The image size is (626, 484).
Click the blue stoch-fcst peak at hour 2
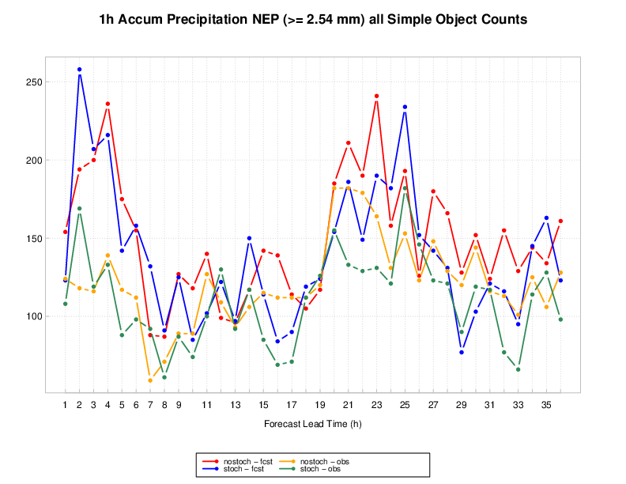(79, 70)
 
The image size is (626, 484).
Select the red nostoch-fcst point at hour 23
(376, 96)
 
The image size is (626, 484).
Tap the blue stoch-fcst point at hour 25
(405, 107)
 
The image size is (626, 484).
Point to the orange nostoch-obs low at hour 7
(150, 380)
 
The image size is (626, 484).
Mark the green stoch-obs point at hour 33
(518, 369)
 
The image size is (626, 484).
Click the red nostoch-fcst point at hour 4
(107, 104)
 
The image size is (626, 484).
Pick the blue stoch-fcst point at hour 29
(461, 352)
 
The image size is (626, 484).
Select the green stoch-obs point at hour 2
(79, 209)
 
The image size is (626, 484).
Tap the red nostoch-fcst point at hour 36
(560, 221)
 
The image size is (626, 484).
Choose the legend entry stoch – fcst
(236, 469)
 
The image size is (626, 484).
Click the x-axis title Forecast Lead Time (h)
(313, 425)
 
